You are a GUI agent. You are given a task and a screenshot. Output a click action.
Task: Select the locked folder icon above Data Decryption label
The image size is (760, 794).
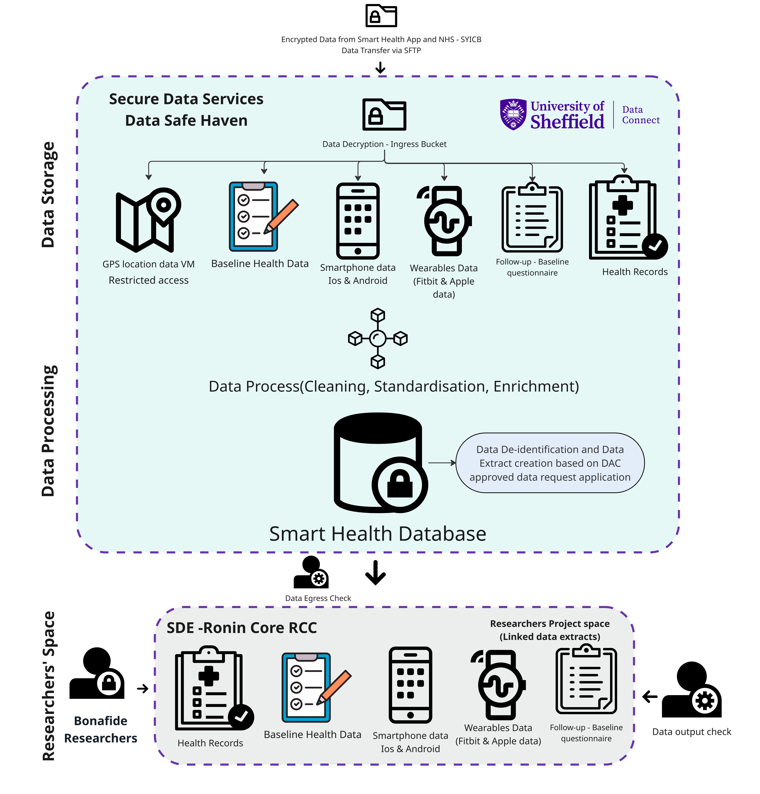pos(384,115)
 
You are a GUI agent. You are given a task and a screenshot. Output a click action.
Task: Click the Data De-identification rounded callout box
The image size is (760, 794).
pos(550,463)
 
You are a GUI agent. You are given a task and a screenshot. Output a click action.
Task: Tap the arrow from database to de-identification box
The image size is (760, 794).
pos(442,463)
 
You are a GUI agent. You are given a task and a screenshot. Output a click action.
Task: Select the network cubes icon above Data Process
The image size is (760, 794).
pos(378,338)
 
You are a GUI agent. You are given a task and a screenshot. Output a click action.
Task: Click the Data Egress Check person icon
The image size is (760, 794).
pos(311,572)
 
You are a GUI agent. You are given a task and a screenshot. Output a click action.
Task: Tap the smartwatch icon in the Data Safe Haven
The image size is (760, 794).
pos(446,221)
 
